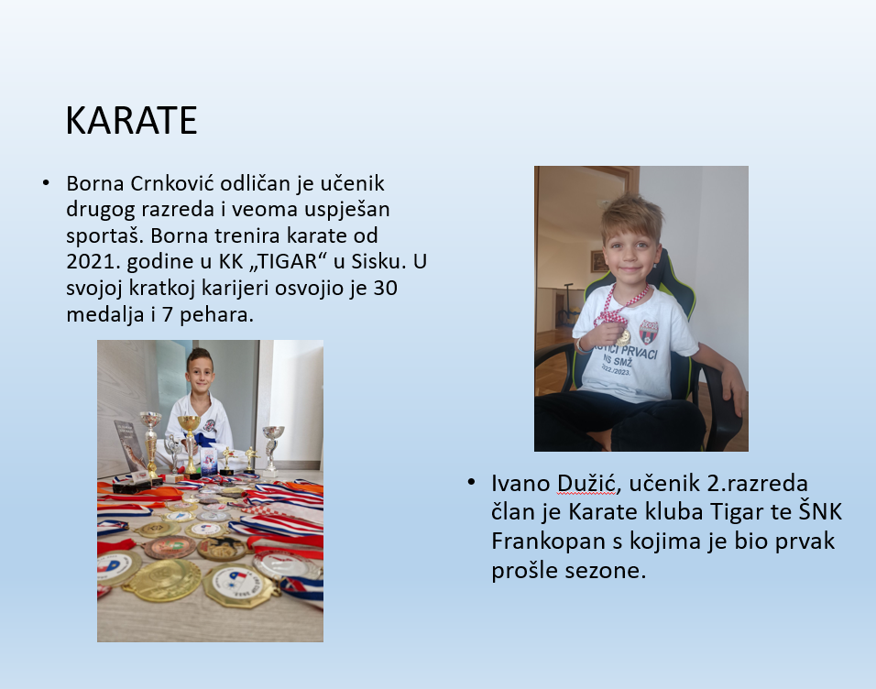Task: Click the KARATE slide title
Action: [x=131, y=120]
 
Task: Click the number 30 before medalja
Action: [x=385, y=288]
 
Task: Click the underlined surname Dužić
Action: [x=586, y=484]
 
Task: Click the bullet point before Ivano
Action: [x=471, y=482]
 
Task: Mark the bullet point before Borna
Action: [x=46, y=182]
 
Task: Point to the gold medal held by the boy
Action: [x=623, y=336]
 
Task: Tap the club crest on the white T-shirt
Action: [x=649, y=332]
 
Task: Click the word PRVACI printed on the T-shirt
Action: [x=638, y=352]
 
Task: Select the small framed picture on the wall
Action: [x=597, y=261]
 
